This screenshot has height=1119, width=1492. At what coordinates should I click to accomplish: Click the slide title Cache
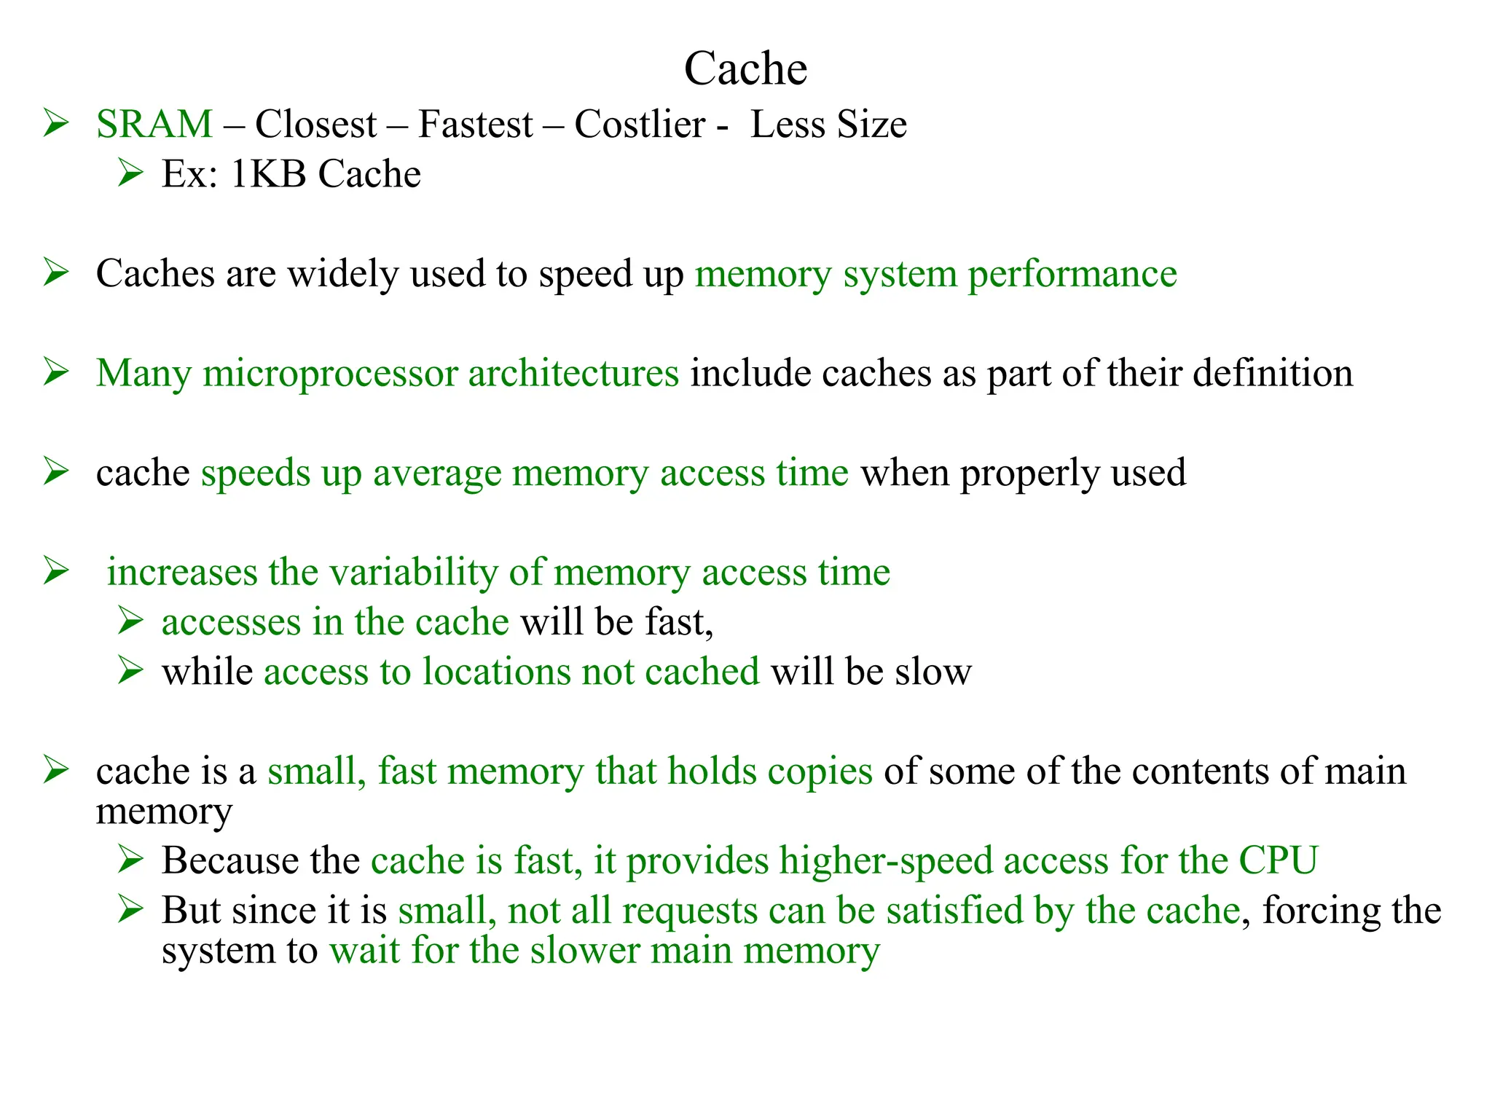(x=745, y=69)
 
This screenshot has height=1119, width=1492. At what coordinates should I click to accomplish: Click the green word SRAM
(x=154, y=124)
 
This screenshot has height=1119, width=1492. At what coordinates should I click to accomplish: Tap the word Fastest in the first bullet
(x=475, y=124)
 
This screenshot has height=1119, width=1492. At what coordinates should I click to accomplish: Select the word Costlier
(x=640, y=124)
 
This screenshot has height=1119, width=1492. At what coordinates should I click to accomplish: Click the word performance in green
(x=1072, y=275)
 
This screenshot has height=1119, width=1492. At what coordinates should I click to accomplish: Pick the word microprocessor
(x=330, y=374)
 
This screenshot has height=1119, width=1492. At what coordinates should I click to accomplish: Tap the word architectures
(x=573, y=374)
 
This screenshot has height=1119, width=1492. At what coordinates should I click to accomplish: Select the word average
(x=437, y=474)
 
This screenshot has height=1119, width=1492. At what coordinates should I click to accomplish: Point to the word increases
(x=182, y=573)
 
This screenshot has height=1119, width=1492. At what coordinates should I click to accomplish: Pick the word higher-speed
(x=885, y=861)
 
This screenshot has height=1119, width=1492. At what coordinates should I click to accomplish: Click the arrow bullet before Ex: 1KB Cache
(x=130, y=173)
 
